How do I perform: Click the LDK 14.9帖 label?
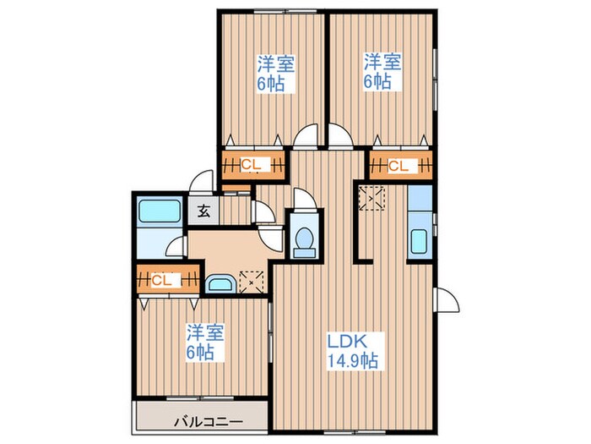pyautogui.click(x=352, y=351)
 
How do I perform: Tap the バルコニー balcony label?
pyautogui.click(x=208, y=421)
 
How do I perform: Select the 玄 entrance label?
pyautogui.click(x=203, y=211)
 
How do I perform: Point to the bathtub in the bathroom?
pyautogui.click(x=160, y=211)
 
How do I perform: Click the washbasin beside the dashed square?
pyautogui.click(x=221, y=284)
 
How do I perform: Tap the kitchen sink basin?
pyautogui.click(x=419, y=241)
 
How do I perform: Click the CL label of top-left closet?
pyautogui.click(x=251, y=165)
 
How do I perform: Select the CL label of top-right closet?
pyautogui.click(x=398, y=166)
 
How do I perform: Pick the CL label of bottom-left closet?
pyautogui.click(x=161, y=280)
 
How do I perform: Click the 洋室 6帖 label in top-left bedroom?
pyautogui.click(x=276, y=74)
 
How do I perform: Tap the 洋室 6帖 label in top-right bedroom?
pyautogui.click(x=382, y=72)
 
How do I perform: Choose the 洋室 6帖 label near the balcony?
pyautogui.click(x=205, y=342)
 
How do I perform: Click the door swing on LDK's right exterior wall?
pyautogui.click(x=447, y=299)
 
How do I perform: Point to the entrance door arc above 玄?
pyautogui.click(x=201, y=181)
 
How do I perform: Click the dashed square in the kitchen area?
pyautogui.click(x=371, y=198)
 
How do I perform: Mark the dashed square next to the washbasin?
pyautogui.click(x=252, y=282)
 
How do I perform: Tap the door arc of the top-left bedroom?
pyautogui.click(x=306, y=134)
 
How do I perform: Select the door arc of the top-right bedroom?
pyautogui.click(x=341, y=134)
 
